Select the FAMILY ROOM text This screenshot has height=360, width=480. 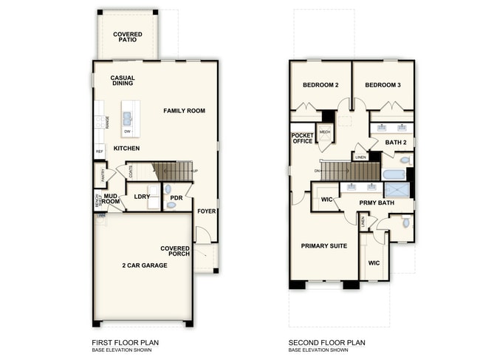tap(184, 111)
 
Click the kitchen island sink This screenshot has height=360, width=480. tap(128, 117)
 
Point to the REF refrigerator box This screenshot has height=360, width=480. tap(99, 151)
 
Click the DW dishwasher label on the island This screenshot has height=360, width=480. tap(128, 132)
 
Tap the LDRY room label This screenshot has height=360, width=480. tap(143, 197)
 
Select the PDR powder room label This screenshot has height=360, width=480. tap(176, 197)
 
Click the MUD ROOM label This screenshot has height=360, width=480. tap(111, 198)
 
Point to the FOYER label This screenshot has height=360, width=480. tap(206, 211)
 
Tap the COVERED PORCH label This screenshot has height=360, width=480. tap(176, 251)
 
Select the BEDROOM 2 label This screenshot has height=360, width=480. tap(320, 85)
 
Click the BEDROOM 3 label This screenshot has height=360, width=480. tap(383, 85)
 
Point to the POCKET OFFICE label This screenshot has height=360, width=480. tap(303, 137)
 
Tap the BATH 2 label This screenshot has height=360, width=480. tap(396, 142)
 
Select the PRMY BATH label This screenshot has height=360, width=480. tap(377, 202)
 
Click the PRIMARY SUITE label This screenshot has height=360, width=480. tap(323, 245)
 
